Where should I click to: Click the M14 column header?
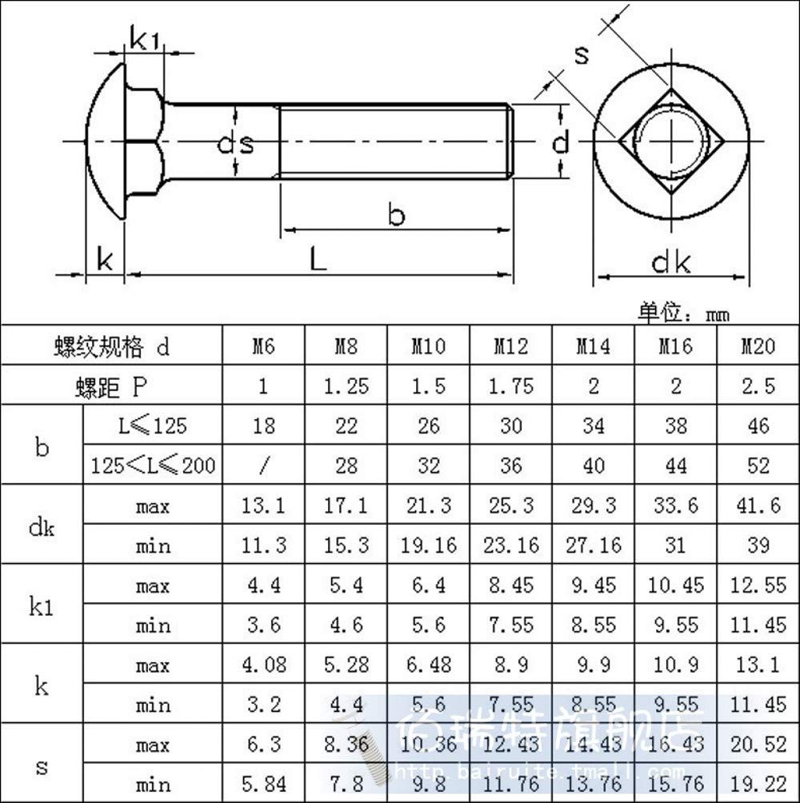(594, 347)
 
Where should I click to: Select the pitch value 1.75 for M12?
(511, 386)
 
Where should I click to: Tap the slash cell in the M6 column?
(263, 465)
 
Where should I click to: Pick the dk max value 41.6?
(757, 505)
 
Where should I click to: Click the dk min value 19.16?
(429, 545)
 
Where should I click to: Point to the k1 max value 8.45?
(511, 585)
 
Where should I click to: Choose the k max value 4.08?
(263, 665)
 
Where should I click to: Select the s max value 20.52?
(757, 745)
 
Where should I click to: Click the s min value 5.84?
(263, 785)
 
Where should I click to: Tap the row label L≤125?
(152, 425)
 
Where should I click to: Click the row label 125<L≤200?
(153, 465)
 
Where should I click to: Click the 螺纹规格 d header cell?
(111, 347)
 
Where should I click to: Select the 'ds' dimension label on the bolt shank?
(236, 144)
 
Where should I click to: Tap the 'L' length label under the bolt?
(318, 258)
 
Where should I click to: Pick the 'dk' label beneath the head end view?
(670, 262)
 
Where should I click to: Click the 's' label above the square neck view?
(582, 54)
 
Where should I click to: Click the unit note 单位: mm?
(684, 313)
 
